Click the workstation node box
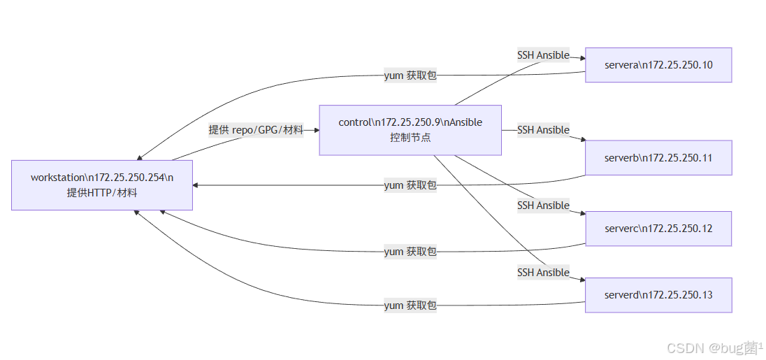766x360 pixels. [x=102, y=185]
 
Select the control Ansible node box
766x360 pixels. [x=410, y=130]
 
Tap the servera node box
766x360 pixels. [x=658, y=65]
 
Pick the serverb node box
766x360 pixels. [x=658, y=158]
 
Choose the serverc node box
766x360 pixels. [x=658, y=229]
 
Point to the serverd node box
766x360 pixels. [x=658, y=295]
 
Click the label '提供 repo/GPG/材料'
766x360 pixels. [x=256, y=129]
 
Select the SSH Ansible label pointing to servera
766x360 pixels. [x=543, y=55]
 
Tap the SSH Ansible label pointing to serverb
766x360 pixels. [x=543, y=130]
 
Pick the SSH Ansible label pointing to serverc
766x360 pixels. [x=543, y=206]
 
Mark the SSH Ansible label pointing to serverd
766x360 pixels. [x=543, y=273]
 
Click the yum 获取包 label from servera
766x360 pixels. [x=410, y=75]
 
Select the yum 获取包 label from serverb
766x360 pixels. [x=410, y=185]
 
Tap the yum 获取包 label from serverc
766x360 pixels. [x=410, y=252]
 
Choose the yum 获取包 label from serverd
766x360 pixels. [x=410, y=305]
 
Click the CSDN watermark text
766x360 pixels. [x=714, y=348]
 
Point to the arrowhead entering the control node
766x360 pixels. [x=316, y=130]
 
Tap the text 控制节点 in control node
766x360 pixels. [x=410, y=137]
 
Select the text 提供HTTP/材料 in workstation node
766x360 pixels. [x=102, y=192]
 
